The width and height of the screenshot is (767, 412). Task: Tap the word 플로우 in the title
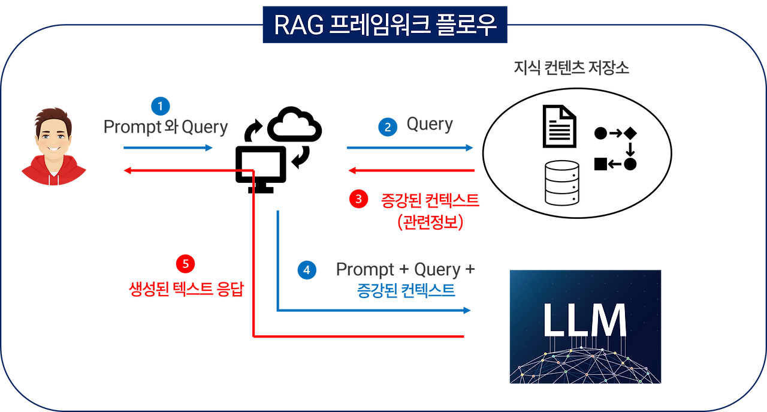465,25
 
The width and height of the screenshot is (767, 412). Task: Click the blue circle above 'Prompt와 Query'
161,106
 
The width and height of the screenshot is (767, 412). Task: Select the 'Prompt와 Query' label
166,127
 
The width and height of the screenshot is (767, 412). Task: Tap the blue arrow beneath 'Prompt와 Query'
168,148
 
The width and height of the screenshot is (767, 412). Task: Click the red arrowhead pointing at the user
126,172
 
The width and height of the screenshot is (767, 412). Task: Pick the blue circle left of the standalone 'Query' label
388,127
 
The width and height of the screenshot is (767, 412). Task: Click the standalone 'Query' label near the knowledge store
430,125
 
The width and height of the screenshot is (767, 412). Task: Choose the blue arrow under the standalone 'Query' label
410,148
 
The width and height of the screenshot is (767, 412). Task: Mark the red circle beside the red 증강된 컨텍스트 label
358,200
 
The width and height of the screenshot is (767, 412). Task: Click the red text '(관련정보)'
430,222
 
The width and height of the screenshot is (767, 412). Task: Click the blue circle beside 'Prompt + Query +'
307,270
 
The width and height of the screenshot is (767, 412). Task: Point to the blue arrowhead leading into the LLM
467,311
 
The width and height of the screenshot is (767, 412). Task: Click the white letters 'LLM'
584,320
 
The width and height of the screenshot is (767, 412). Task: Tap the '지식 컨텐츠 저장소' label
571,68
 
